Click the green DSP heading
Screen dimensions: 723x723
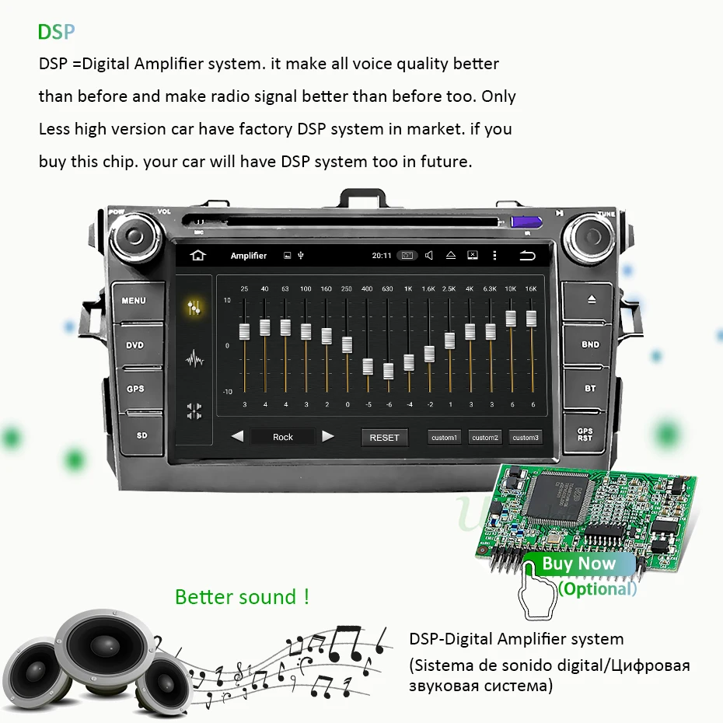click(x=57, y=32)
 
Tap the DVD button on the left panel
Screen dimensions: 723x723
click(x=135, y=345)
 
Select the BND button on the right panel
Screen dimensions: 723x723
click(x=590, y=344)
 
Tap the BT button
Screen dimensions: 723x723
click(x=590, y=388)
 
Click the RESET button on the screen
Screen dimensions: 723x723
click(x=384, y=438)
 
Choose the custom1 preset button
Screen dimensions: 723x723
click(x=445, y=438)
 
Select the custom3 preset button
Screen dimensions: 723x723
click(x=525, y=438)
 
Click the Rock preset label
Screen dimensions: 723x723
click(x=283, y=437)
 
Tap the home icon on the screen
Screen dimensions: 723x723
click(x=198, y=256)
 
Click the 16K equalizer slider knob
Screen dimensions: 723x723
click(x=532, y=318)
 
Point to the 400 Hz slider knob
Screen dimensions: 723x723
click(x=367, y=366)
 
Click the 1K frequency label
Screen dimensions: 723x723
click(x=408, y=289)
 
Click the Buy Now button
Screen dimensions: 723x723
click(x=578, y=564)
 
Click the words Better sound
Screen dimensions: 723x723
click(x=242, y=597)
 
